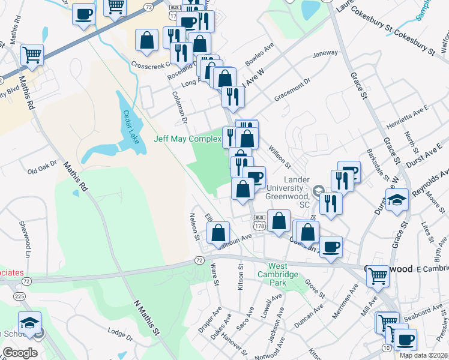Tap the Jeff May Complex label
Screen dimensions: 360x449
pos(187,139)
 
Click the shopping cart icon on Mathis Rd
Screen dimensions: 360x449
pos(32,55)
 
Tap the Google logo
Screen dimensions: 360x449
pos(20,352)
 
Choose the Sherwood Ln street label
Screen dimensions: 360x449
pos(25,231)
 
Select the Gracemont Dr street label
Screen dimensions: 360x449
pos(292,88)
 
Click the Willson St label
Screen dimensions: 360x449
pos(279,157)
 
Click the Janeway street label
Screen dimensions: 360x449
pos(325,54)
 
